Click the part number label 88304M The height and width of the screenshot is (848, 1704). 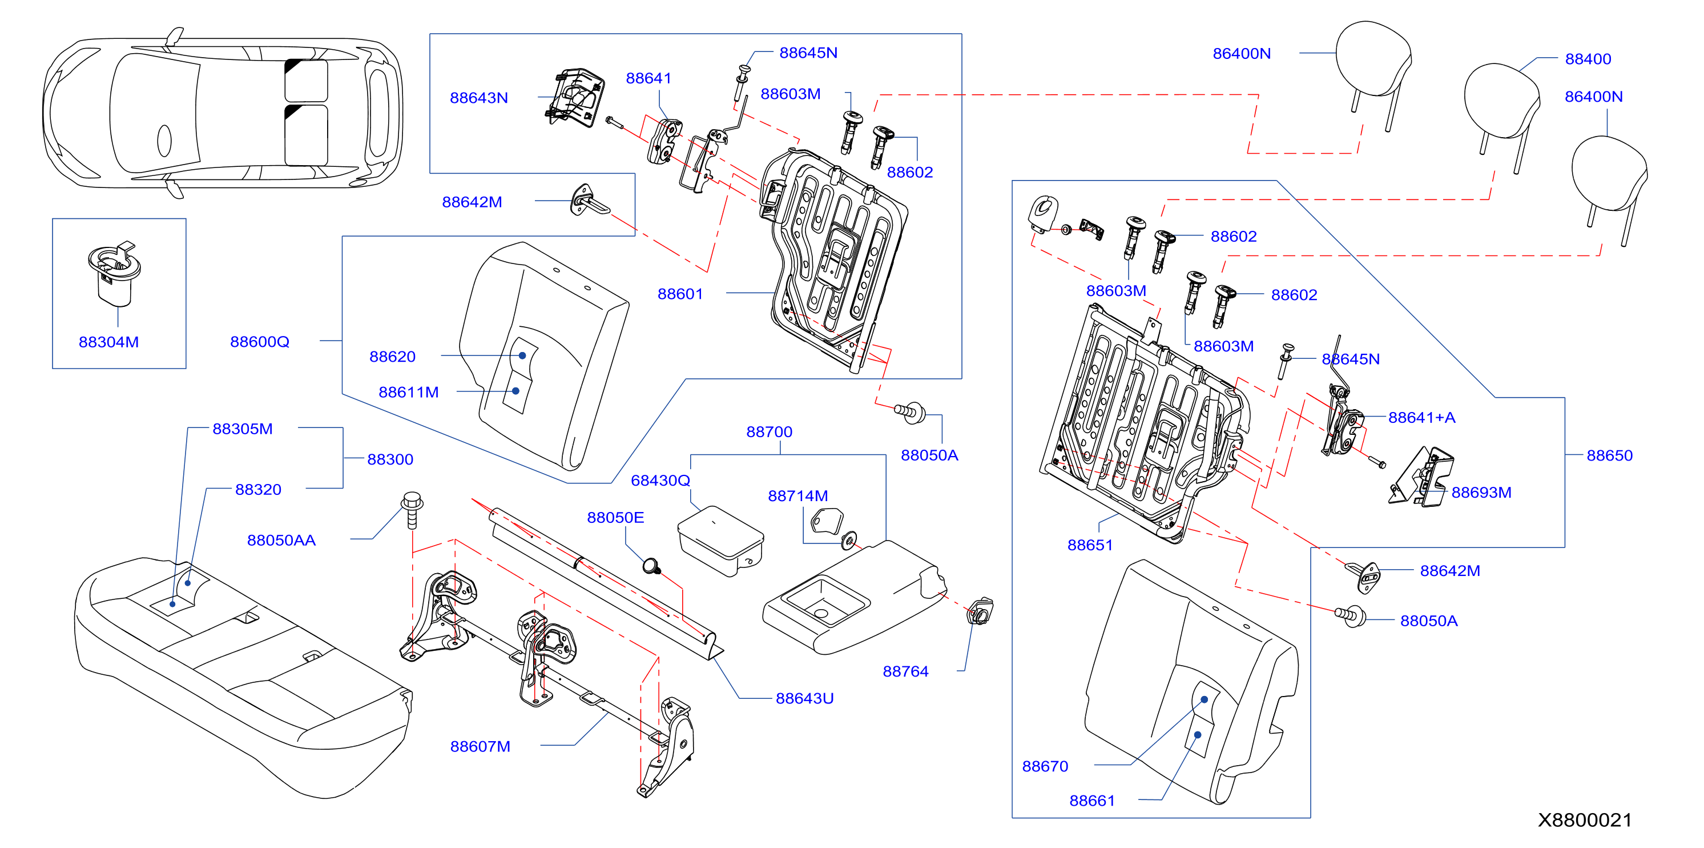pos(108,342)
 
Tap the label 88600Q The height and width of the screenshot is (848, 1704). pos(259,342)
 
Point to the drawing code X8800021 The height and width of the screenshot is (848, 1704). pos(1584,820)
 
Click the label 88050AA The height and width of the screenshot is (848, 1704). pos(281,540)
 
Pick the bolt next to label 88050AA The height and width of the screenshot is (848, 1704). pos(412,510)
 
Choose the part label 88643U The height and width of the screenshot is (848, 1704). pos(804,698)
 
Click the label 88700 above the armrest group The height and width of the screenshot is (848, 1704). pos(770,431)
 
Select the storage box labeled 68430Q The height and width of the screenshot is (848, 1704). pos(720,541)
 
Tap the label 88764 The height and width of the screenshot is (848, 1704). pos(905,671)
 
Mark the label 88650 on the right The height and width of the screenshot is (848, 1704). pos(1609,455)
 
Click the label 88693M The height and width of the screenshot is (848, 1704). pos(1481,493)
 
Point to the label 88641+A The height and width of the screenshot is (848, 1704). pos(1421,418)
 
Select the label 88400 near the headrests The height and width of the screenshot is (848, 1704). pos(1588,59)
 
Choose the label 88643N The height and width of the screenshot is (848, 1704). pos(479,98)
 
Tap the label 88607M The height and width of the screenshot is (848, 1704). pos(480,747)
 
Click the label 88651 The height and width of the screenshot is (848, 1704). pos(1090,546)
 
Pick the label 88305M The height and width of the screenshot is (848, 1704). pos(242,429)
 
